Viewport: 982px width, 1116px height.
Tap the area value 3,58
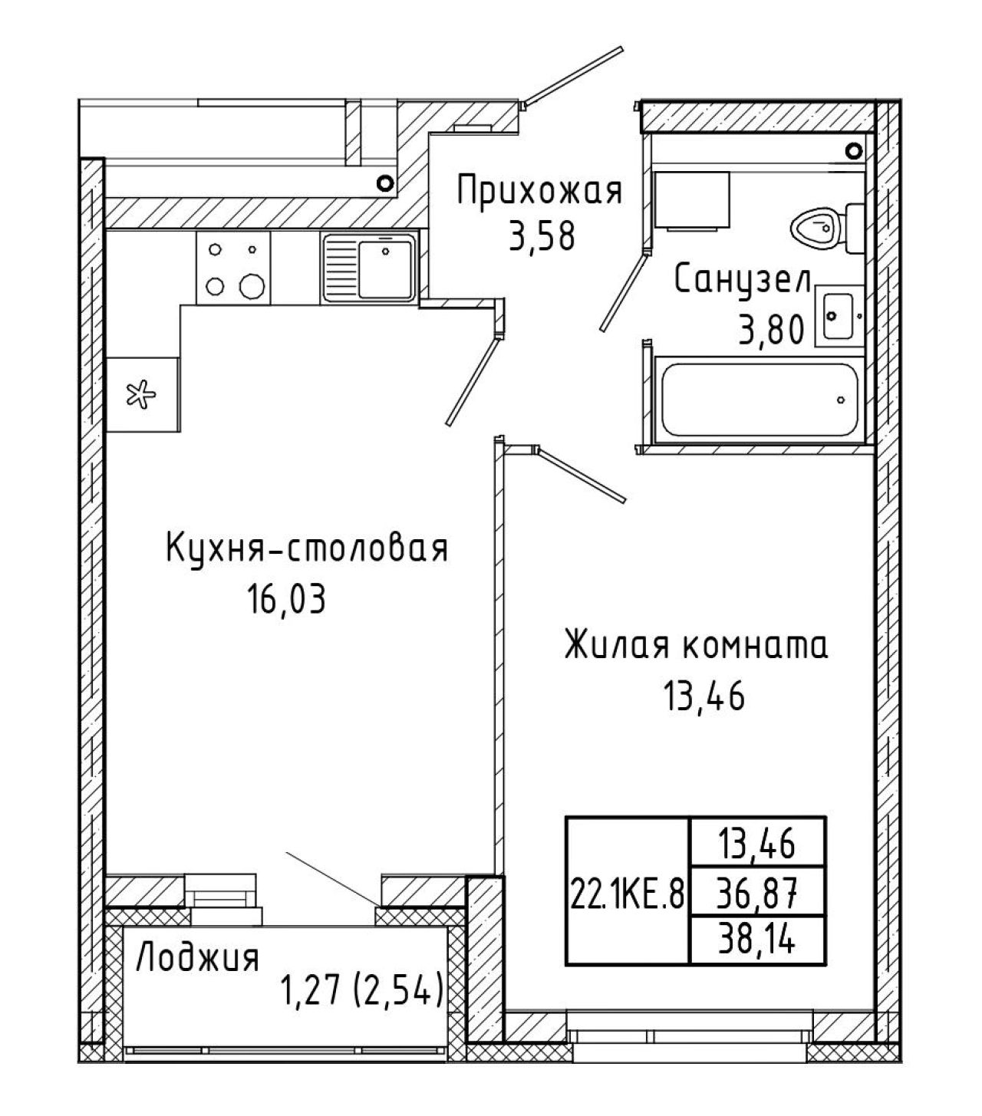click(x=542, y=237)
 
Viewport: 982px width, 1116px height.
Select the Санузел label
click(x=742, y=281)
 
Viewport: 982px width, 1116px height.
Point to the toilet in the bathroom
click(x=827, y=228)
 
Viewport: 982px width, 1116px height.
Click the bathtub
click(x=760, y=400)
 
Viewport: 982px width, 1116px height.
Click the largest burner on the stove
click(x=252, y=286)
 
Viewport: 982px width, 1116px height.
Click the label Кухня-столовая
click(x=307, y=548)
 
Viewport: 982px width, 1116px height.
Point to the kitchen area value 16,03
click(x=287, y=599)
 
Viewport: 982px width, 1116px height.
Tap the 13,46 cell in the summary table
click(x=757, y=844)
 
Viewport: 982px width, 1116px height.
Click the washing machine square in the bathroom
click(x=691, y=200)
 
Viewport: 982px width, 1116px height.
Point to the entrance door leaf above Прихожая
click(x=573, y=76)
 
